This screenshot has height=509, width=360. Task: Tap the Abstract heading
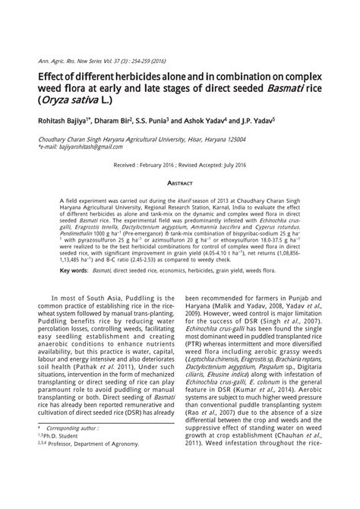coord(180,183)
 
